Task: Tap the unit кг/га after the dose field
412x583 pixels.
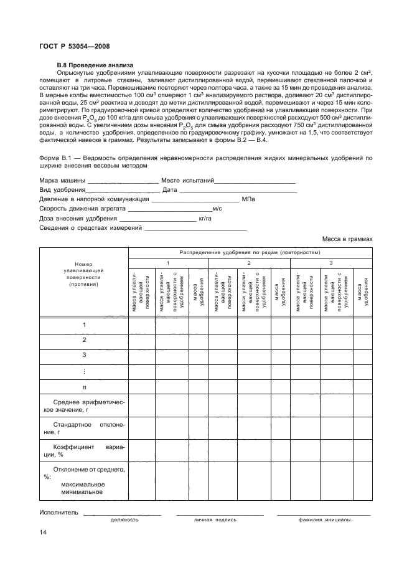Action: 206,219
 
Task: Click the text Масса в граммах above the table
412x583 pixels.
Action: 347,239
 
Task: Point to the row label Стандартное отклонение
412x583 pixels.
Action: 83,428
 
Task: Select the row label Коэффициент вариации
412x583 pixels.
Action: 83,450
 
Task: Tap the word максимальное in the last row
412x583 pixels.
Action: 83,484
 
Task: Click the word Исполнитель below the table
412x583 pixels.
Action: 59,513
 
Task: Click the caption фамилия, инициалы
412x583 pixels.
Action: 324,519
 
